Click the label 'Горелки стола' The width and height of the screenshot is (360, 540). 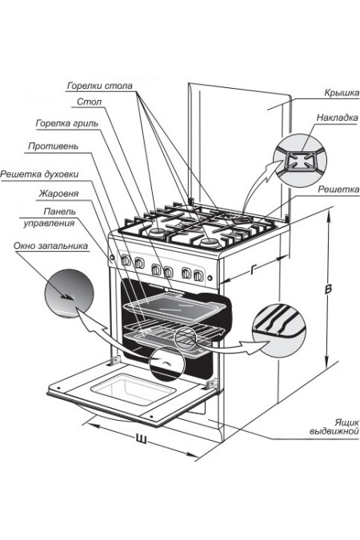[x=99, y=86]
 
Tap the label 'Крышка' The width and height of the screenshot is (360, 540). [x=342, y=93]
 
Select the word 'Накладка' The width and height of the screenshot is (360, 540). [x=338, y=118]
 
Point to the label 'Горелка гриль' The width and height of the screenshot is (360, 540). [x=67, y=123]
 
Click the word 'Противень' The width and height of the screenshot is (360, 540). [x=53, y=146]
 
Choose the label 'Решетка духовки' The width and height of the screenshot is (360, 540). [x=39, y=174]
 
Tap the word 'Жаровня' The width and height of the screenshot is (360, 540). [x=58, y=194]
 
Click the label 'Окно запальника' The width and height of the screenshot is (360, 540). [x=50, y=246]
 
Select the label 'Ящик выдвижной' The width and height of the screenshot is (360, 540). [x=334, y=426]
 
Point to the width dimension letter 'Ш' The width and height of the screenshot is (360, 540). [x=141, y=439]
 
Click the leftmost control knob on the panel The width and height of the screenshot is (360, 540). [x=126, y=260]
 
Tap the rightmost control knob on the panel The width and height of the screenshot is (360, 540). [x=198, y=275]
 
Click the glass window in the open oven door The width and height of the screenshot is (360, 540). [x=134, y=389]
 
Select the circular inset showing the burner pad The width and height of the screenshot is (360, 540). [x=300, y=161]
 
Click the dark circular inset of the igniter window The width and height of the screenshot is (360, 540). [x=69, y=294]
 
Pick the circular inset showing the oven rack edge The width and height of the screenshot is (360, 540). [x=279, y=330]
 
